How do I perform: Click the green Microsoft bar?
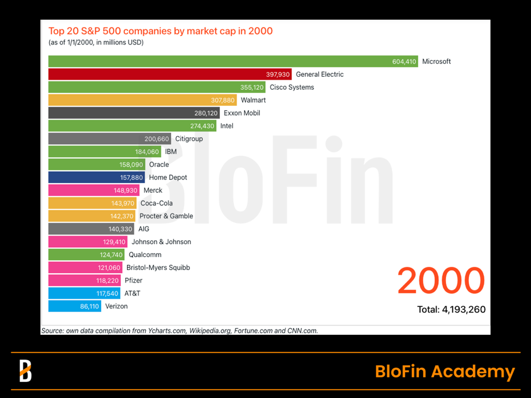pos(219,61)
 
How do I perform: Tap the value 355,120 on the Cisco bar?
pos(252,87)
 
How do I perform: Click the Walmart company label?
pos(253,100)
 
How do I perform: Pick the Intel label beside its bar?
pos(227,126)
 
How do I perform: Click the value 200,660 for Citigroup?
pos(156,139)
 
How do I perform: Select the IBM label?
pos(171,152)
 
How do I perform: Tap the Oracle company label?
pos(159,165)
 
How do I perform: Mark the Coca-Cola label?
pos(156,203)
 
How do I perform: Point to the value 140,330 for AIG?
pos(120,229)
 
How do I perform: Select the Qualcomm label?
pos(145,255)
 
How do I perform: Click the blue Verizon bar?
pos(64,306)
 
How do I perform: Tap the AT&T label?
pos(132,293)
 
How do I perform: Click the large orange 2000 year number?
pos(441,281)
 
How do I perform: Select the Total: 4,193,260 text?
pos(451,310)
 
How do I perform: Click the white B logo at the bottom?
pos(25,371)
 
